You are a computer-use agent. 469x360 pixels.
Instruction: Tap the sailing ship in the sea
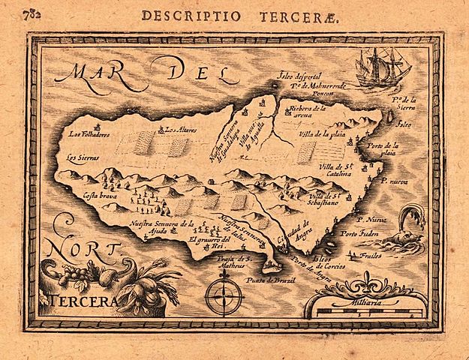point(383,68)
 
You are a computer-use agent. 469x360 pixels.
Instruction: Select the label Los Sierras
point(81,158)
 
